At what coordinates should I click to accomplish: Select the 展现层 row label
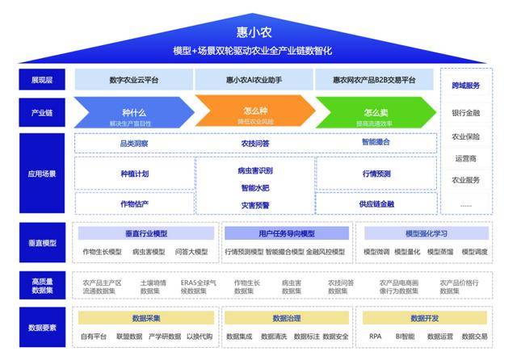click(x=42, y=80)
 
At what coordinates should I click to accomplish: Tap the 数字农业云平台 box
click(x=133, y=80)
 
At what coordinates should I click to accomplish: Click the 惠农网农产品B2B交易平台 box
click(x=374, y=80)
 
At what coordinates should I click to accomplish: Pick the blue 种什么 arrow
click(x=134, y=113)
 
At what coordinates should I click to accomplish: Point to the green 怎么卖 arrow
click(x=375, y=113)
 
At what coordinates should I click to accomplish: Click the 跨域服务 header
click(x=465, y=86)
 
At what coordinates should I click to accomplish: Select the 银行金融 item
click(x=465, y=113)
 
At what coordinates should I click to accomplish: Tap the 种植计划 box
click(x=134, y=174)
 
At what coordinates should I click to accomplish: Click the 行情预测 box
click(x=376, y=174)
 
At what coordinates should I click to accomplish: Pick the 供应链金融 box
click(x=376, y=203)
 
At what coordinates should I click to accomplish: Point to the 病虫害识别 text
click(x=256, y=171)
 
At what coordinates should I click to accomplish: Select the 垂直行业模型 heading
click(x=146, y=233)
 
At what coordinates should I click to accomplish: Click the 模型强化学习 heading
click(x=426, y=233)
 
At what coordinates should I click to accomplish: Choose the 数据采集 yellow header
click(x=146, y=318)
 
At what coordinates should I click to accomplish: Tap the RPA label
click(x=375, y=337)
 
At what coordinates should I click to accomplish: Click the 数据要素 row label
click(x=42, y=328)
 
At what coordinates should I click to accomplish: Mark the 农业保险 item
click(x=465, y=136)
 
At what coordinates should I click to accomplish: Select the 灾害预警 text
click(x=256, y=205)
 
